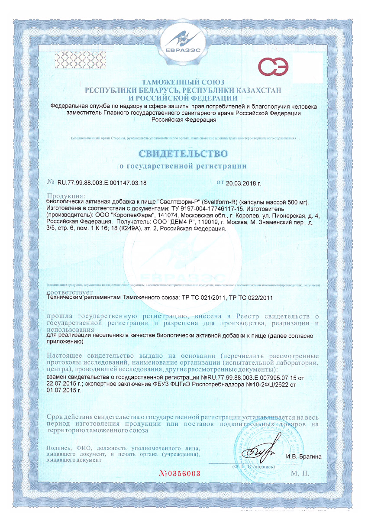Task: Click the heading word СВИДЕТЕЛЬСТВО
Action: point(184,154)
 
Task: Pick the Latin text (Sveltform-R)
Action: point(218,202)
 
